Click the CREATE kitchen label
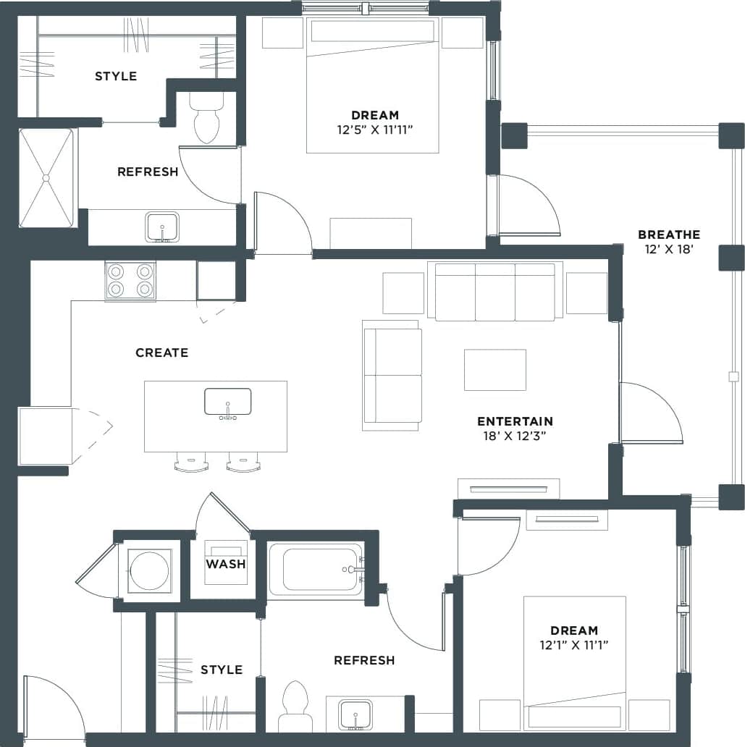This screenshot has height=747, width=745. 162,353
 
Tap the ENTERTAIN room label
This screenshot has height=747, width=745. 515,421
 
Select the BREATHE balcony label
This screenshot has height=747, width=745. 668,235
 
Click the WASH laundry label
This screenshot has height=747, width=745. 226,564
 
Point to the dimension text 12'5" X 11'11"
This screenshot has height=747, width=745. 375,130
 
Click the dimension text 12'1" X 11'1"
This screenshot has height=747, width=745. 573,645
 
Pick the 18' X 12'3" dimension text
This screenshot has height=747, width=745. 515,436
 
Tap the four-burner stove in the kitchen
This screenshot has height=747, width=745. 130,280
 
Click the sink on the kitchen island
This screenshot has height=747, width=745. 227,402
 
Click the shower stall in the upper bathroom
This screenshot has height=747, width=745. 46,177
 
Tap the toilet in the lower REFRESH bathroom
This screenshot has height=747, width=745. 295,706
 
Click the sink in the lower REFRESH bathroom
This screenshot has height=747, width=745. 355,715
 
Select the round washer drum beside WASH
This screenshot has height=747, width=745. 149,571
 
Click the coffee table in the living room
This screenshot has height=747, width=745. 495,370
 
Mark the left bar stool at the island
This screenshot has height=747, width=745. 191,463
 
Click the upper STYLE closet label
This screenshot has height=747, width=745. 116,76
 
